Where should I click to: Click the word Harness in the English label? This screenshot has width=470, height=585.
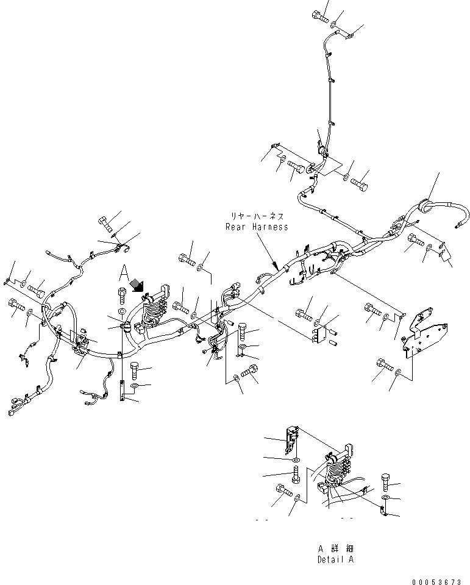(269, 227)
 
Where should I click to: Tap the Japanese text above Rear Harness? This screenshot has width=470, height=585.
(257, 216)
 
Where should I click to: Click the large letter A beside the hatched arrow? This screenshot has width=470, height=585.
(124, 274)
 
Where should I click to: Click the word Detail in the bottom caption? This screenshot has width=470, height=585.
(330, 559)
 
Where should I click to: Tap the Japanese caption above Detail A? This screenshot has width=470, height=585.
(335, 549)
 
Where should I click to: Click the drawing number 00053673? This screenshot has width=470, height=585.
(436, 581)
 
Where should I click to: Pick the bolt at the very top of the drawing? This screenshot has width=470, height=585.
(319, 16)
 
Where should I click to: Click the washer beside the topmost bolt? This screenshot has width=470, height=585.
(333, 24)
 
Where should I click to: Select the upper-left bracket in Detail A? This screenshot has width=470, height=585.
(293, 440)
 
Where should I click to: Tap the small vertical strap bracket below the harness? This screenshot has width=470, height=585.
(121, 391)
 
